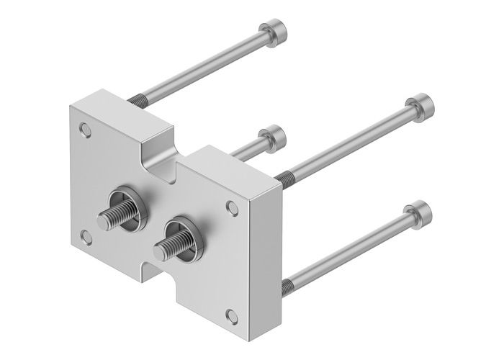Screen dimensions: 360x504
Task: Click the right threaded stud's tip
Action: click(158, 248)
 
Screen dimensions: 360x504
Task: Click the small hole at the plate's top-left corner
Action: click(87, 130)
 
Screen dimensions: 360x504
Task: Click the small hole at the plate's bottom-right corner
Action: click(232, 313)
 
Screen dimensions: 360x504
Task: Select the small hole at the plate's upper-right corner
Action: click(232, 207)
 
